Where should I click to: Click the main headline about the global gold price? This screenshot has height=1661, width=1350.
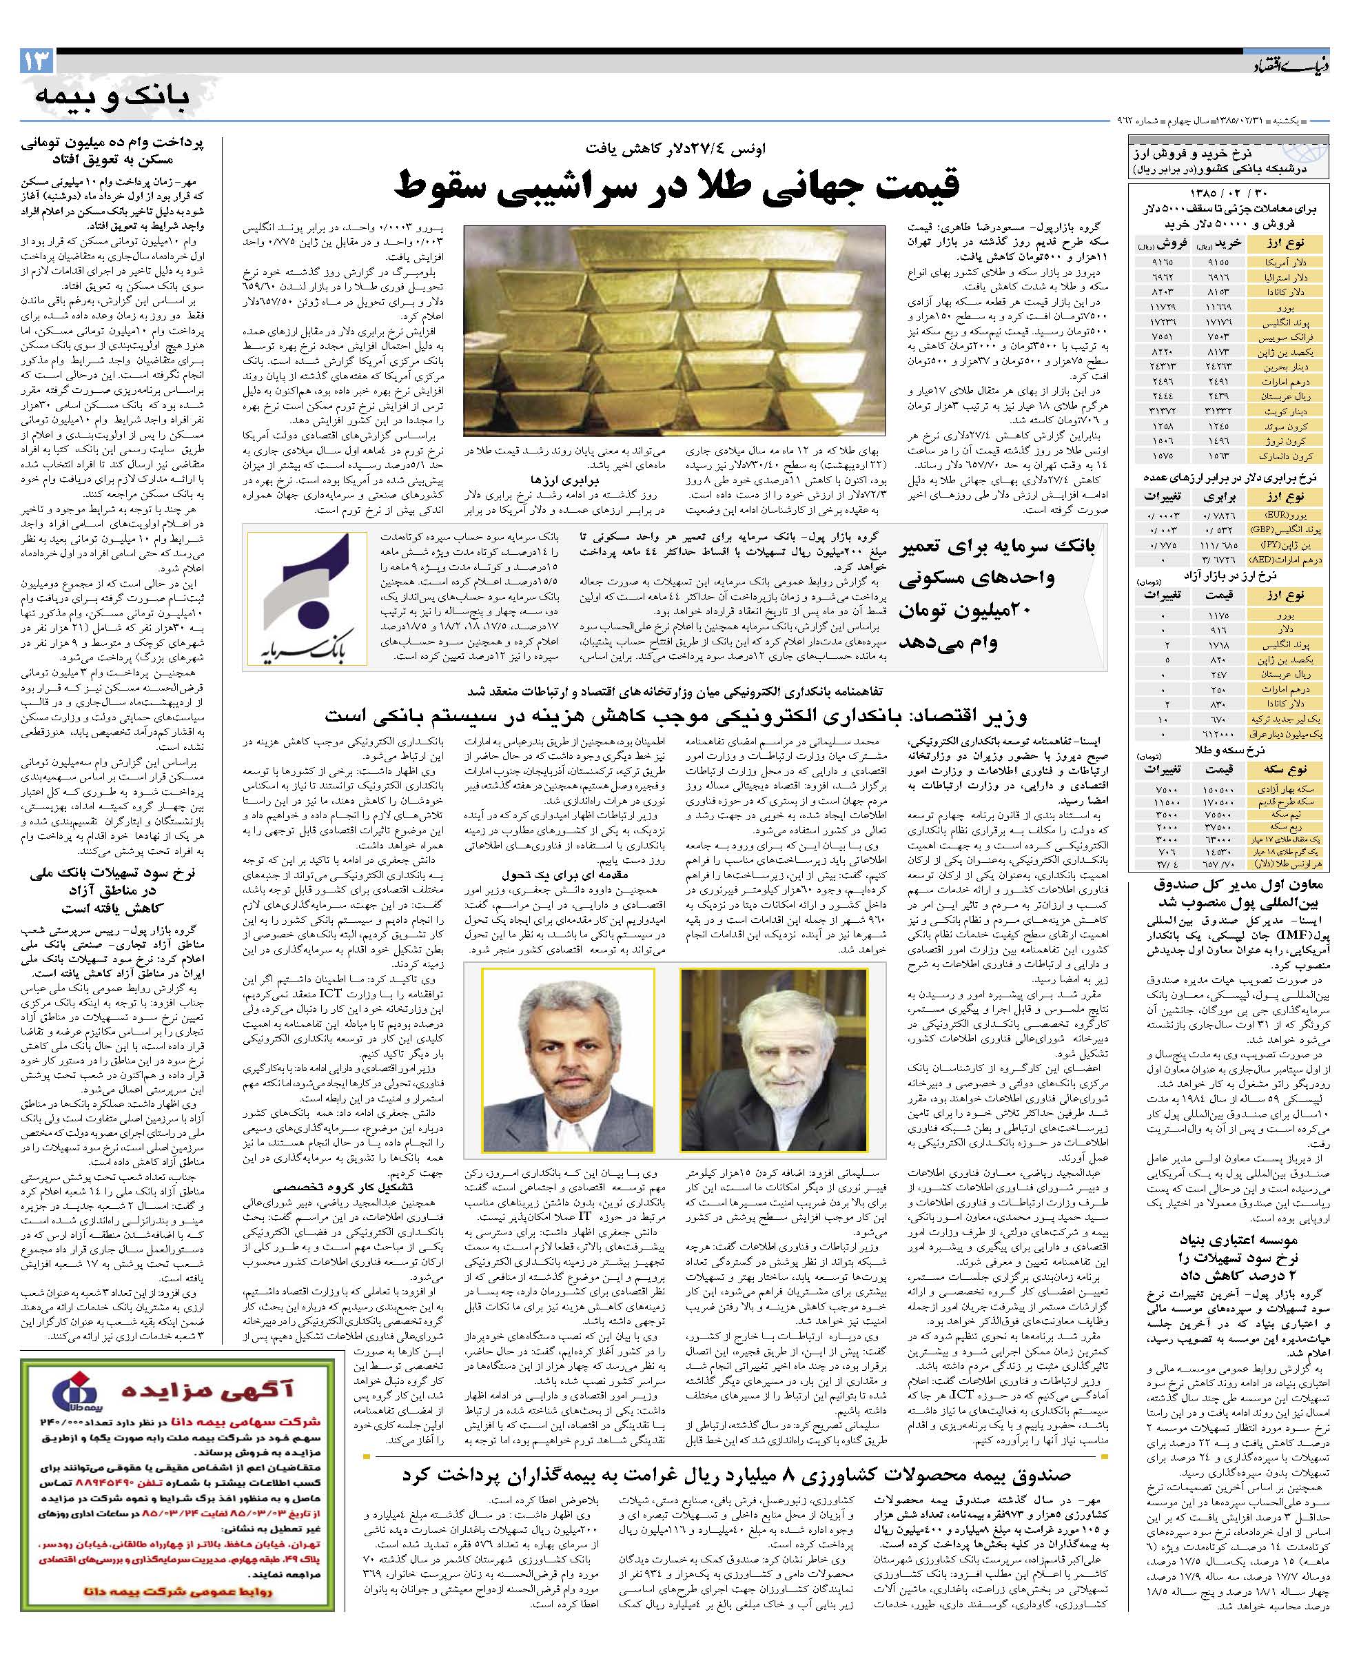[x=677, y=184]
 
